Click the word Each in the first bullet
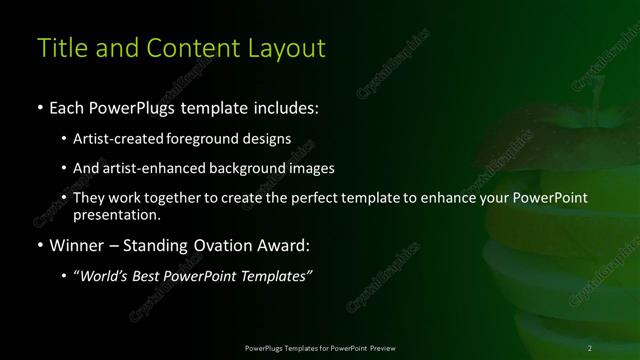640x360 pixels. (69, 105)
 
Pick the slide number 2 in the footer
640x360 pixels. (591, 347)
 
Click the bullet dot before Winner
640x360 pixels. (39, 245)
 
